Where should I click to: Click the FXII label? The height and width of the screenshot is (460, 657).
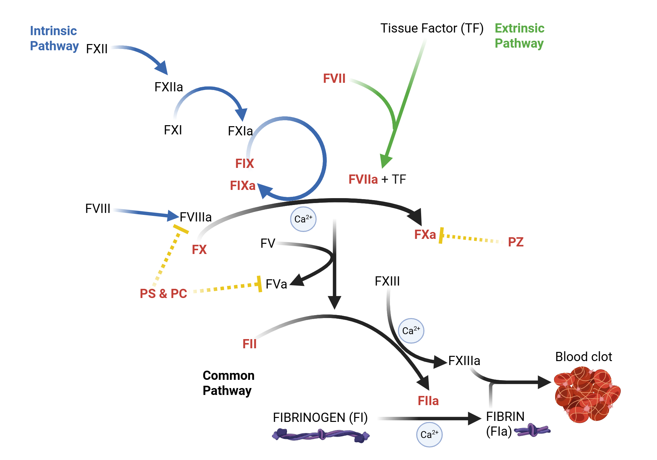tap(97, 49)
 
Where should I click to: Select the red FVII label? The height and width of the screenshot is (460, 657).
tap(334, 79)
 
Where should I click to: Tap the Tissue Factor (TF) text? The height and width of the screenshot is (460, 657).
tap(432, 28)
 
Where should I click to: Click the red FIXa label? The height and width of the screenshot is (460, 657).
tap(242, 186)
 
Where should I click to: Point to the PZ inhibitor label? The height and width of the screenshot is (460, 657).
tap(515, 242)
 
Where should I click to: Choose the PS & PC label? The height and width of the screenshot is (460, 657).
tap(163, 293)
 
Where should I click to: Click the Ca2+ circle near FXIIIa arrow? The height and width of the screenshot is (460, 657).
tap(411, 331)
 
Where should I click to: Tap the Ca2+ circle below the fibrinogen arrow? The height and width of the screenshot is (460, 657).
tap(429, 434)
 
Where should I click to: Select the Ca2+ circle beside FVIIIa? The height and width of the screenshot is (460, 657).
tap(303, 219)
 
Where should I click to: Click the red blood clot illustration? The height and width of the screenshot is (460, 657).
tap(587, 394)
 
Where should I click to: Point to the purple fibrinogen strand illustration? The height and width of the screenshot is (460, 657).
tap(321, 435)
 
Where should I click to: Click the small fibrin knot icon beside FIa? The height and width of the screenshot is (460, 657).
tap(532, 430)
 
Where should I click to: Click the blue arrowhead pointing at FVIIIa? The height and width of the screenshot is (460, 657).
tap(173, 216)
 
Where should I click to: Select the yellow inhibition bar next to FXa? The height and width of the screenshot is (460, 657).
tap(441, 235)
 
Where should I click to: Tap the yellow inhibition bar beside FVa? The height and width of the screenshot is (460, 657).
tap(260, 284)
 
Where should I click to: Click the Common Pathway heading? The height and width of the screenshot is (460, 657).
tap(228, 383)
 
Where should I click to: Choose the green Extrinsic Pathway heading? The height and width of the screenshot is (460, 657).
tap(519, 35)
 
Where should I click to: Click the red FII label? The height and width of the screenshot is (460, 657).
tap(249, 344)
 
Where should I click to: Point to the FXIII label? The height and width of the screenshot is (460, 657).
tap(387, 281)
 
